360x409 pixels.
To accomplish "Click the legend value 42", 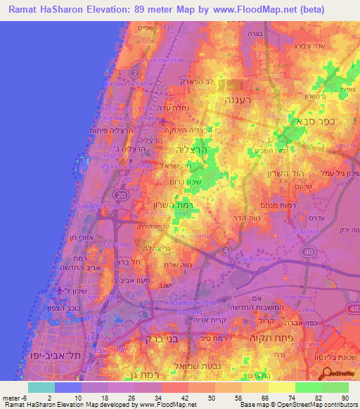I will [x=174, y=398].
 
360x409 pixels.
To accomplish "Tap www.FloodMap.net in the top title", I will [x=274, y=11].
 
